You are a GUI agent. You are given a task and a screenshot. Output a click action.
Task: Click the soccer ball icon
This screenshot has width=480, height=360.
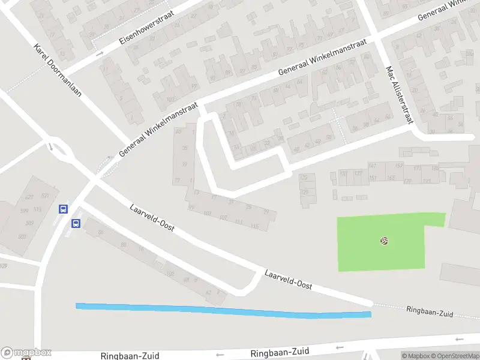coord(384,241)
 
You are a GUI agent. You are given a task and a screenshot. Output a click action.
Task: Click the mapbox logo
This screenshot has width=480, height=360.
coord(26,353)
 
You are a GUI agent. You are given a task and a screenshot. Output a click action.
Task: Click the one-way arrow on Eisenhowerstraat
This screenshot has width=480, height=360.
coord(100,53)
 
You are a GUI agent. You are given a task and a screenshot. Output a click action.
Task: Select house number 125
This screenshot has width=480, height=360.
coord(304,178)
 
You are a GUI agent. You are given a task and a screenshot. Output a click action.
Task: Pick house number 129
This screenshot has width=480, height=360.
coord(304,192)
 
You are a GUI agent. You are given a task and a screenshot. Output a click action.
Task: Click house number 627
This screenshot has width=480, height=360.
coord(29,197)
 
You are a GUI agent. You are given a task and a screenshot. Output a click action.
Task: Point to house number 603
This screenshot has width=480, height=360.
coord(23,237)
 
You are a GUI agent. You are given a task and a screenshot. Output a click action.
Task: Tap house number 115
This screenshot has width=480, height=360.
coord(255,227)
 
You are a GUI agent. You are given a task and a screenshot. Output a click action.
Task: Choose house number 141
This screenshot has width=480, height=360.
coord(373,166)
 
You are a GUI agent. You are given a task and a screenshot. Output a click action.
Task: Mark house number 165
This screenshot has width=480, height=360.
coord(391,178)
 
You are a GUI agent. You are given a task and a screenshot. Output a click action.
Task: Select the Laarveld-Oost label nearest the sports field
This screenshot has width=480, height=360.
coord(284,279)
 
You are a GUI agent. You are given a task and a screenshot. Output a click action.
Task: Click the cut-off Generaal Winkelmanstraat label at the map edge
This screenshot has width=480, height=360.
coord(443,9)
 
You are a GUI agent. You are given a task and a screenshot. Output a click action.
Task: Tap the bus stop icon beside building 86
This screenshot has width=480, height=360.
coord(76,224)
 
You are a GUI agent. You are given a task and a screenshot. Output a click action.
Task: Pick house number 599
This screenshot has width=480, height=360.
coord(25,211)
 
